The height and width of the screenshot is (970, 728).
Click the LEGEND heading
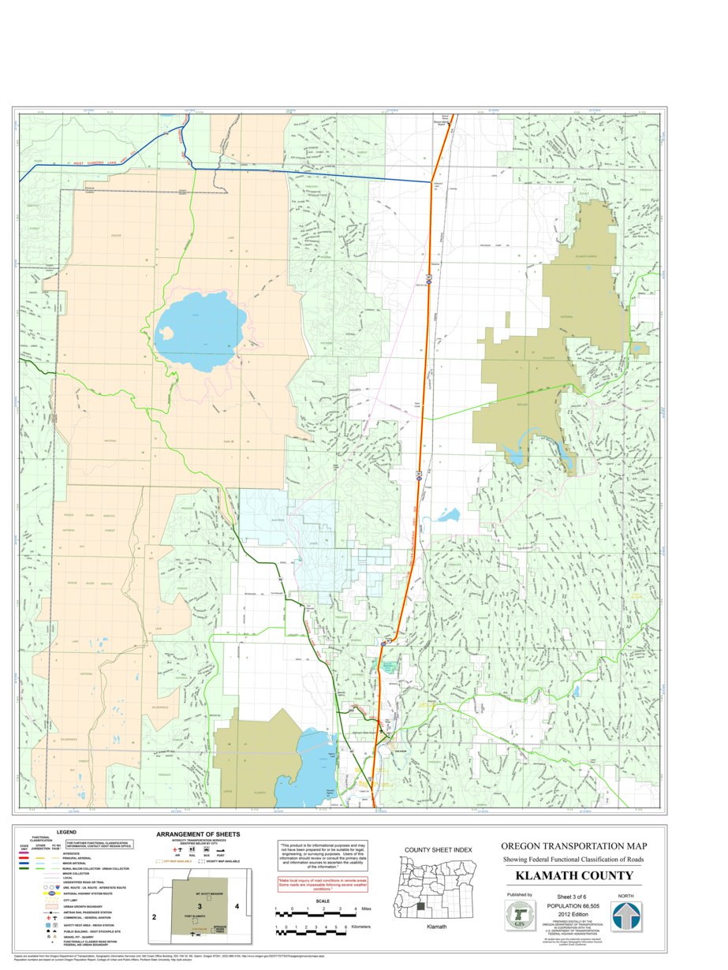[66, 832]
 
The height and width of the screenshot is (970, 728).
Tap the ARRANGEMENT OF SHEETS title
[198, 834]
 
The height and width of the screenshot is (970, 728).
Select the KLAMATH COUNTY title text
[573, 876]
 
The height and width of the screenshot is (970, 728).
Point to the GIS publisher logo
[519, 916]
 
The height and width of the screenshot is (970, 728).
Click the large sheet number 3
[200, 906]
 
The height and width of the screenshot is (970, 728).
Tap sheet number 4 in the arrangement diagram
[236, 907]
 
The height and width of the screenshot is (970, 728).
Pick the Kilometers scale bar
[309, 931]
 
